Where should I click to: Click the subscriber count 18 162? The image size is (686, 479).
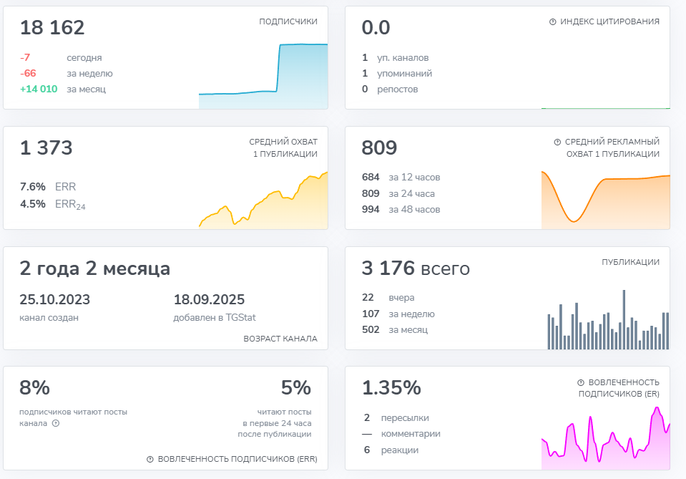[52, 28]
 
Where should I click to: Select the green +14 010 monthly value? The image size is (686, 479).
[39, 89]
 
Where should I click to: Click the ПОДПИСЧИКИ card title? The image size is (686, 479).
[288, 22]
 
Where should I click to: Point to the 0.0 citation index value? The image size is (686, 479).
[376, 28]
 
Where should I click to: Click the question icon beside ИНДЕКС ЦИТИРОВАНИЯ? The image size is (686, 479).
[553, 22]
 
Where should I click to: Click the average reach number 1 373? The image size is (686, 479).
[46, 148]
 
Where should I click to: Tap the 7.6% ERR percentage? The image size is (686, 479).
[32, 187]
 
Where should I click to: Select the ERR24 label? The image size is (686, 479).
[70, 204]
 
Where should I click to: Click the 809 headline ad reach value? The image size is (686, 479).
[379, 148]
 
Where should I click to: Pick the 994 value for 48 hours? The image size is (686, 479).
[371, 210]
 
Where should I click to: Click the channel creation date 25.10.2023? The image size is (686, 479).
[54, 300]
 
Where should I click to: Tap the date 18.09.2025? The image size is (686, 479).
[209, 300]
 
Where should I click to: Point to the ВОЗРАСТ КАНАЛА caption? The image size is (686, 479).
[280, 339]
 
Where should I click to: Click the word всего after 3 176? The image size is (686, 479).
[446, 269]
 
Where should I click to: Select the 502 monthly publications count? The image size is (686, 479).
[371, 330]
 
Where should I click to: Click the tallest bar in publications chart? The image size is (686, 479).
[624, 319]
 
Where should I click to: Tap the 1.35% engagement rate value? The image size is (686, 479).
[391, 388]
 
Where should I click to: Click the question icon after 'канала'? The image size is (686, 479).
[56, 423]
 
